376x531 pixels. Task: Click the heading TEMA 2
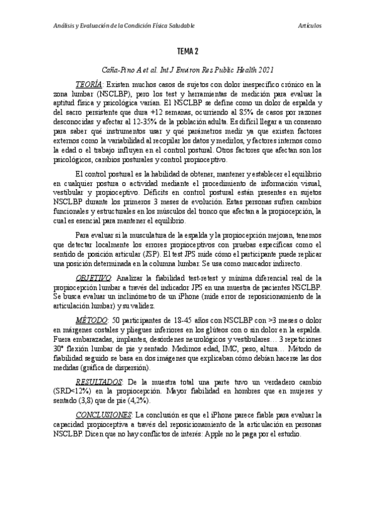point(187,51)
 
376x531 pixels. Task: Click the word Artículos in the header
point(310,25)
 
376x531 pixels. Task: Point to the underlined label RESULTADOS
point(97,382)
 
